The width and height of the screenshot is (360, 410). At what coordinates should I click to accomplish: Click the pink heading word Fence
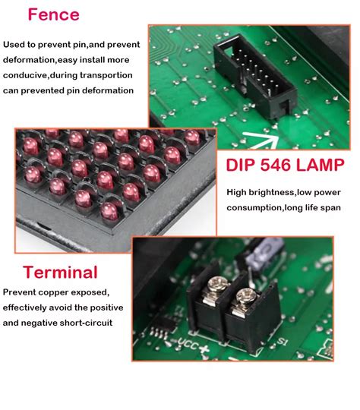[x=53, y=15]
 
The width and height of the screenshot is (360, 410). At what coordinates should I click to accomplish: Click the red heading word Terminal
[x=60, y=272]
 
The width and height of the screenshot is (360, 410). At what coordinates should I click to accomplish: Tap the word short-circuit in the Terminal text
[x=96, y=323]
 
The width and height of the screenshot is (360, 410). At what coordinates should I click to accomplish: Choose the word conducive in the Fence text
[x=29, y=75]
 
